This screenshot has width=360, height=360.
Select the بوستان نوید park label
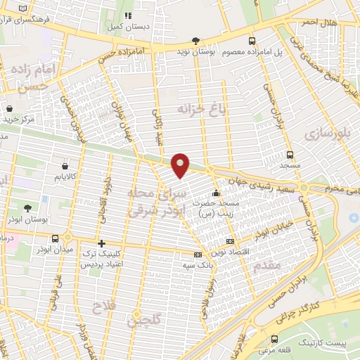click(x=195, y=53)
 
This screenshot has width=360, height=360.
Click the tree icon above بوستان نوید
click(x=195, y=41)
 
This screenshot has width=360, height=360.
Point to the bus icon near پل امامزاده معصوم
click(x=252, y=41)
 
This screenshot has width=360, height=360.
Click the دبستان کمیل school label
click(x=127, y=26)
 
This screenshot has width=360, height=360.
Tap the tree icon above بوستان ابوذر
click(x=27, y=208)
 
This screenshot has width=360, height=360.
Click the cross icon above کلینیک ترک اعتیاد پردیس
click(x=102, y=242)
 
